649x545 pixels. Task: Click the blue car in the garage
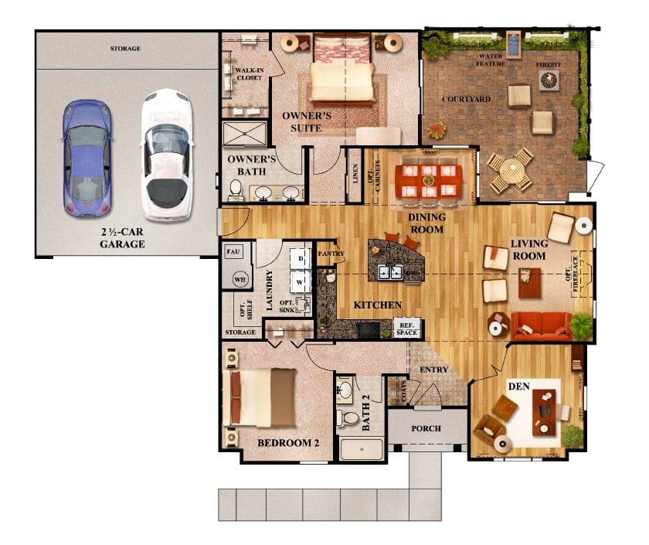tap(87, 158)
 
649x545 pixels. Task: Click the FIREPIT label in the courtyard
tap(549, 65)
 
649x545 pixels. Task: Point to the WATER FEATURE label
tap(491, 60)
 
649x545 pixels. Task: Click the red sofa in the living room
tap(541, 325)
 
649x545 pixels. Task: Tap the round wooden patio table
tap(509, 170)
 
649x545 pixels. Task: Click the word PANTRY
tap(330, 253)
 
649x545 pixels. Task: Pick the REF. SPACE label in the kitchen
tap(406, 328)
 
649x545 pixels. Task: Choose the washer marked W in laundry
tap(301, 281)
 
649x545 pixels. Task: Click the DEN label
tap(517, 385)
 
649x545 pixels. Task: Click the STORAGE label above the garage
tap(125, 49)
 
